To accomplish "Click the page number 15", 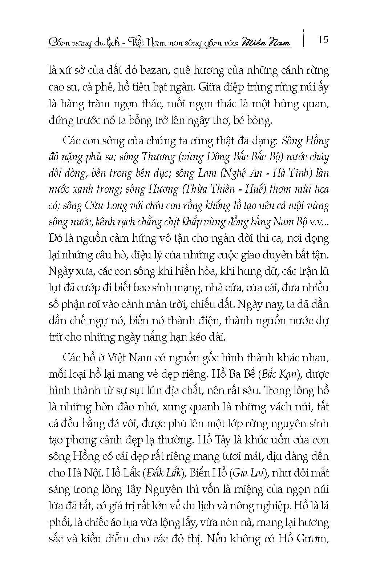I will pyautogui.click(x=323, y=40).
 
